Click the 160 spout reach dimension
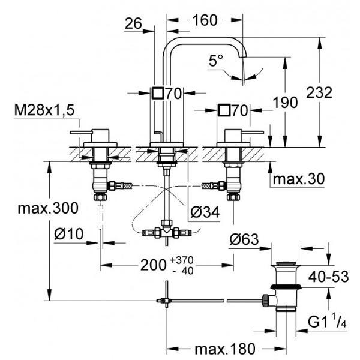[x=205, y=20]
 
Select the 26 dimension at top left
[x=133, y=23]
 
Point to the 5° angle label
[x=215, y=61]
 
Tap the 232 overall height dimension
[x=319, y=92]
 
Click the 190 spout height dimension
[x=286, y=103]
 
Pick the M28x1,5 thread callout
[x=44, y=110]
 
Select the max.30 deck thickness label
[x=299, y=179]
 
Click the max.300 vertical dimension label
[x=48, y=208]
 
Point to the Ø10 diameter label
[x=69, y=234]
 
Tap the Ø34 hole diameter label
[x=205, y=212]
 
